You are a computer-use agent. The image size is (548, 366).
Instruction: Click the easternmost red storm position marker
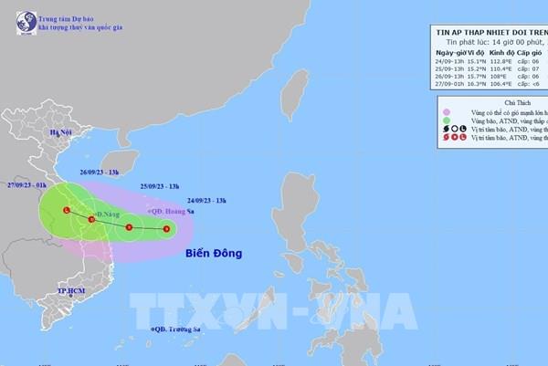[166, 229]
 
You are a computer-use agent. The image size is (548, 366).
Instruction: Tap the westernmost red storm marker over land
[66, 211]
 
